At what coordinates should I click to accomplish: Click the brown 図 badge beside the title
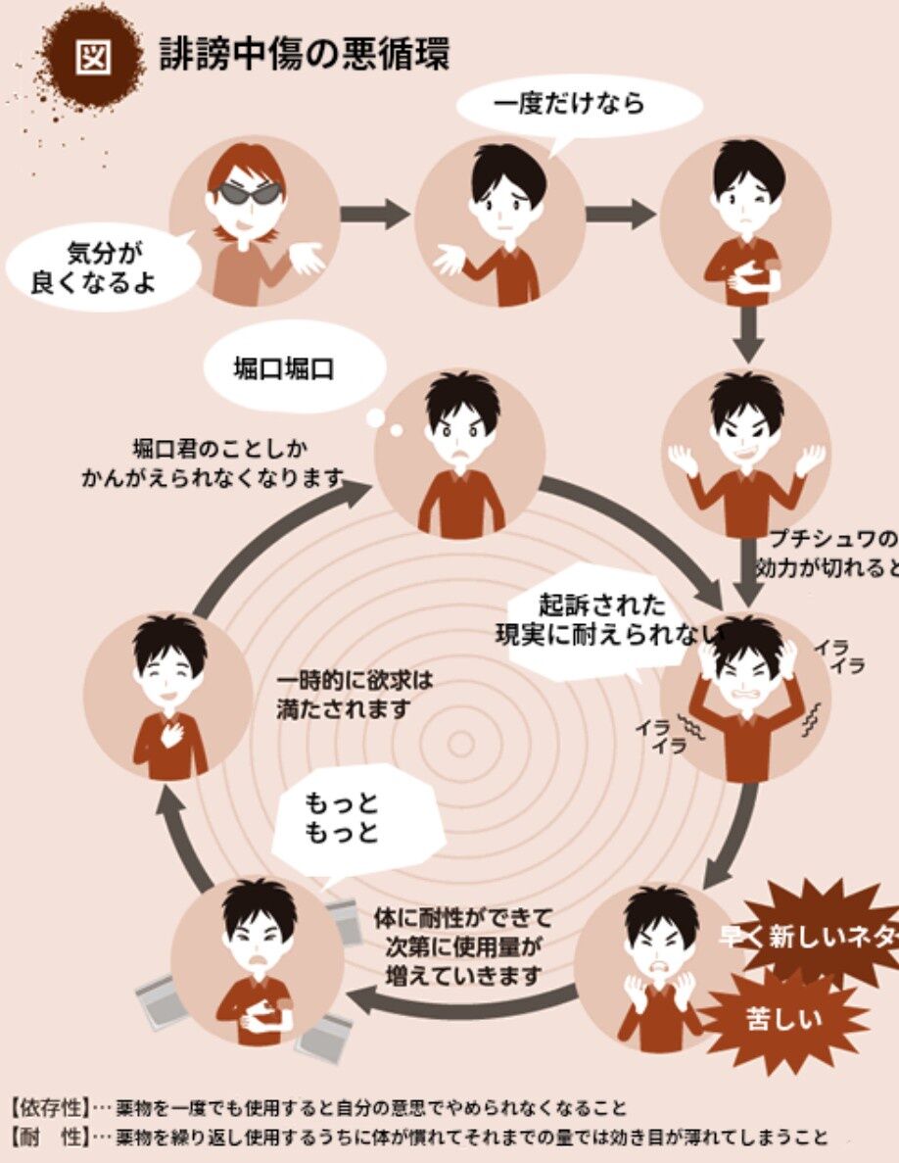click(94, 56)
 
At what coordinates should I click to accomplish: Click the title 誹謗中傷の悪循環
click(305, 55)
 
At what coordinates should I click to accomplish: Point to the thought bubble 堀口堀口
click(282, 368)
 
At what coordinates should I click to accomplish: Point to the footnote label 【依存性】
click(50, 1108)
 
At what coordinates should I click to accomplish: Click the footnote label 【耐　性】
click(50, 1139)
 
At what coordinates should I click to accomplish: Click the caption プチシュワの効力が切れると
click(828, 553)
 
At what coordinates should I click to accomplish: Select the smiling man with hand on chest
click(168, 696)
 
